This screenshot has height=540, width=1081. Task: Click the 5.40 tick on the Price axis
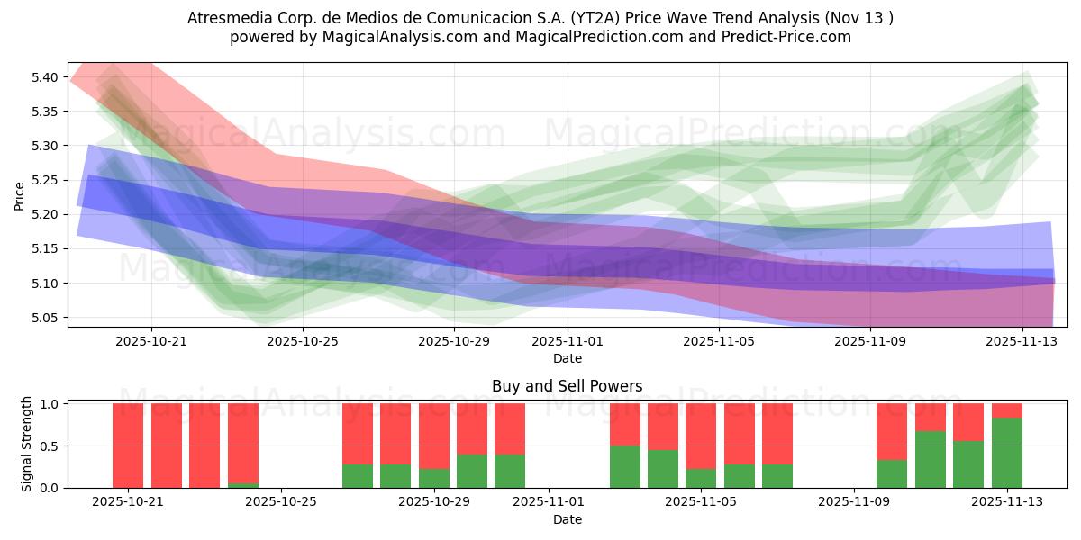point(44,77)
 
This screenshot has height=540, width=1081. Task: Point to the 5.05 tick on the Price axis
point(44,318)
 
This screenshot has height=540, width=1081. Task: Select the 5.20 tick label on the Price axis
point(44,214)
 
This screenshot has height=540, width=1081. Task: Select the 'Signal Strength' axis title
point(27,444)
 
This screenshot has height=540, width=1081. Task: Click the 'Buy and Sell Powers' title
point(567,386)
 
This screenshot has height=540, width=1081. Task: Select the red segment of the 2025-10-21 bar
point(128,445)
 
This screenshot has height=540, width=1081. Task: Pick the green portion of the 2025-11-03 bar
point(624,466)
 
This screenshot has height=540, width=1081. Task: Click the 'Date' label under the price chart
point(567,358)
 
